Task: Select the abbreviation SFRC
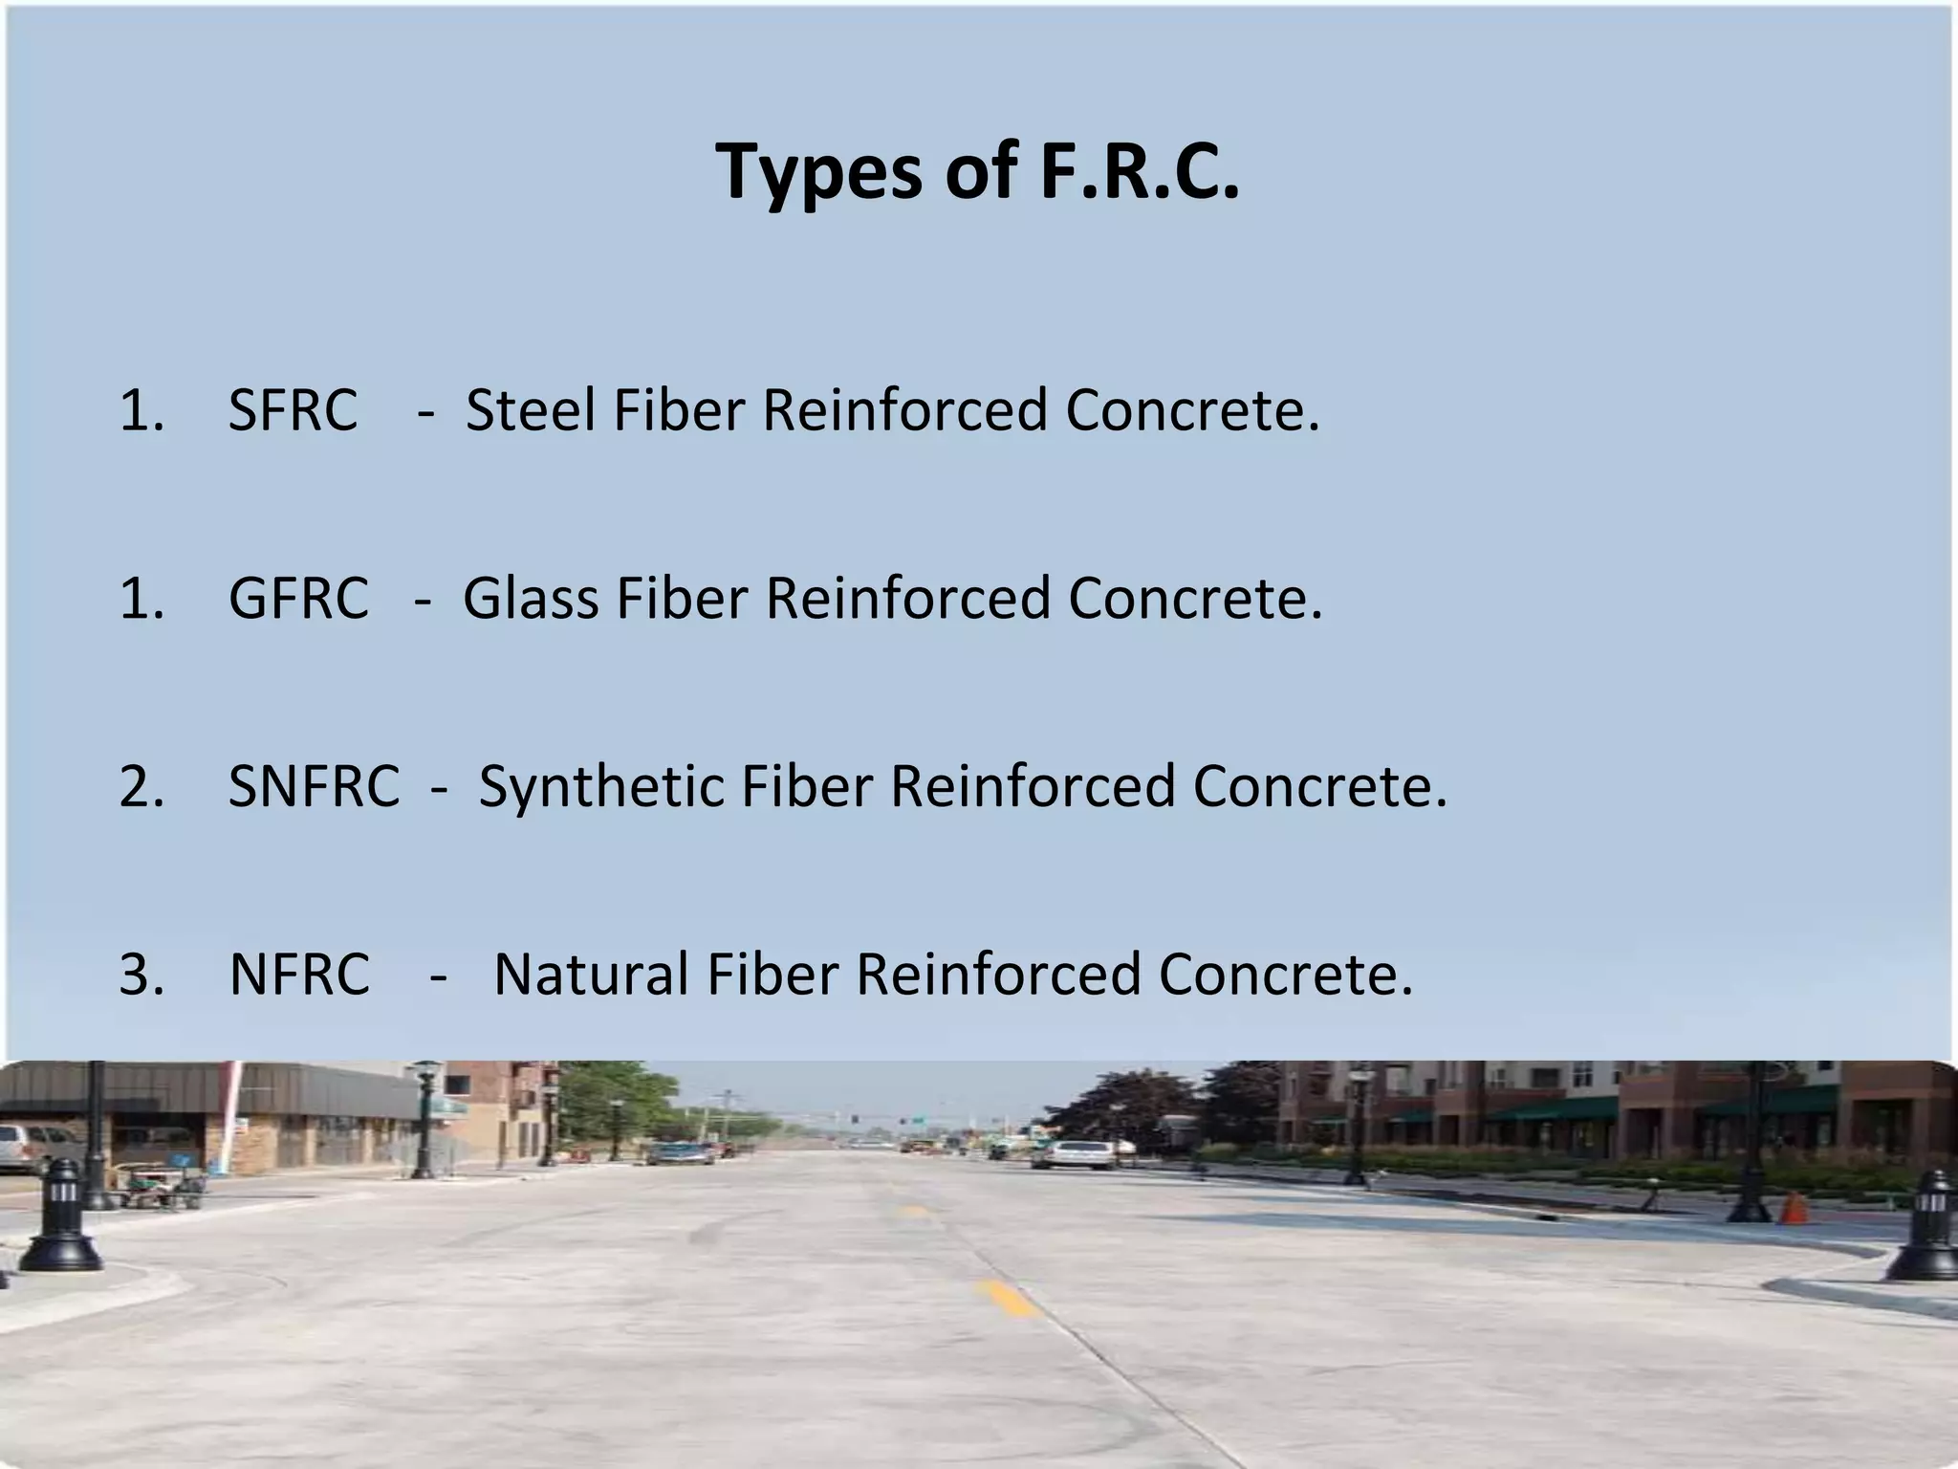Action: (293, 410)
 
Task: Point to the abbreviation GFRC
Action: (298, 599)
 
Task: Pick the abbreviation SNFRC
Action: (314, 786)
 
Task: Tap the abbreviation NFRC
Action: (299, 975)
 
